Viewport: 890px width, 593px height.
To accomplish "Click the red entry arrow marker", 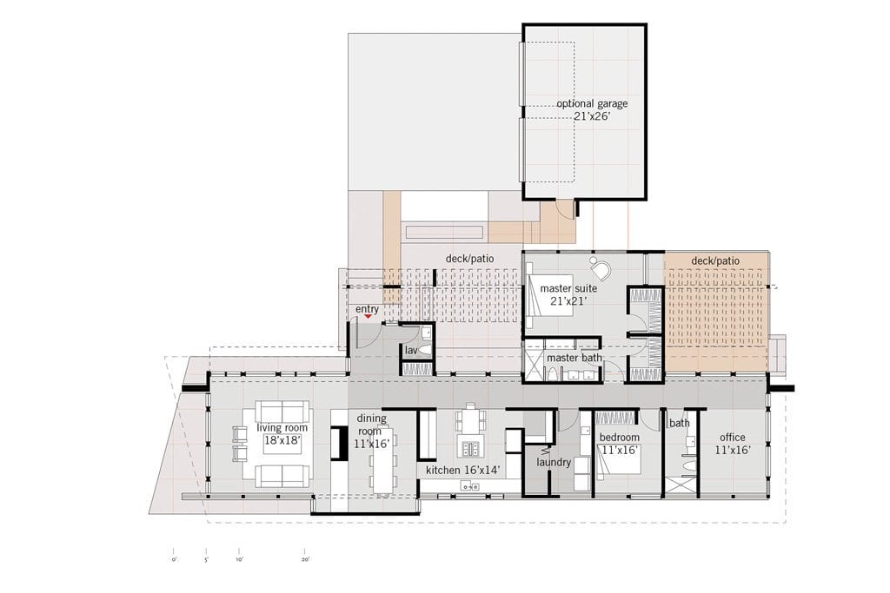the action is [x=368, y=316].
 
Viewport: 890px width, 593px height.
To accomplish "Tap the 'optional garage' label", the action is [x=592, y=103].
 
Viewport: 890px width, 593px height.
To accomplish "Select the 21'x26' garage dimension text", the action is [x=592, y=117].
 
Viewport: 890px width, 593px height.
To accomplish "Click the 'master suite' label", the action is [x=568, y=288].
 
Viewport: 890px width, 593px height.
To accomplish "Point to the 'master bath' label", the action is [x=574, y=358].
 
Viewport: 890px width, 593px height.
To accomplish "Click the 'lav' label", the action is [x=411, y=351].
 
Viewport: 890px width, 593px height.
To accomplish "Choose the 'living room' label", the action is [x=282, y=427].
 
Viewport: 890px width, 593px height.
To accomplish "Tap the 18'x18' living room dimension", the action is [x=282, y=440].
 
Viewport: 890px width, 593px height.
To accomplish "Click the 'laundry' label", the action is [x=554, y=462].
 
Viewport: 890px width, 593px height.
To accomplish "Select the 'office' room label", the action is [x=732, y=437].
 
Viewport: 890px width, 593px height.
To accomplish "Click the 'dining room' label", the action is [x=371, y=425].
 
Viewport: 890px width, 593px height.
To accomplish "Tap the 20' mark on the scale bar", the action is [x=305, y=559].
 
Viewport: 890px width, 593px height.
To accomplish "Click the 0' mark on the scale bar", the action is [x=173, y=559].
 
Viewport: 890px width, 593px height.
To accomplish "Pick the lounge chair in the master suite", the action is [x=599, y=267].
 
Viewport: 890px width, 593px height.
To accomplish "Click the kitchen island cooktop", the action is [x=469, y=449].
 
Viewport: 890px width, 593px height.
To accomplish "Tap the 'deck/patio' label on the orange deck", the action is [x=715, y=260].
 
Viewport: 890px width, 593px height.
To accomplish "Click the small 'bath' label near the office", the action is [x=679, y=423].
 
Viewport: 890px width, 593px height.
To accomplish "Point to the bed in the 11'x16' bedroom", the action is [x=619, y=459].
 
